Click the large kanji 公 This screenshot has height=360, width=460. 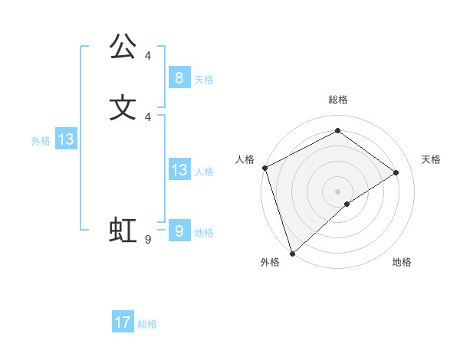(x=123, y=47)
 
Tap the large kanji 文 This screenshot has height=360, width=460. (x=123, y=106)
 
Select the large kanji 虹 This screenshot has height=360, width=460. (x=123, y=231)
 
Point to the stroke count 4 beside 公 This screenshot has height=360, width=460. (x=148, y=56)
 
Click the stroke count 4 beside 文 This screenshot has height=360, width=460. (x=148, y=116)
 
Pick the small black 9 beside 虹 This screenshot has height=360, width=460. (x=148, y=240)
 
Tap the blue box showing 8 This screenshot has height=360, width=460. (x=179, y=77)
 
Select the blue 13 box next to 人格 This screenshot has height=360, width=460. (x=179, y=170)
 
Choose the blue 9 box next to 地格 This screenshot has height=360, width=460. (x=179, y=231)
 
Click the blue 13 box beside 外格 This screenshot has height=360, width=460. (x=65, y=139)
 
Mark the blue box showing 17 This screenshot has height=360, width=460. (x=123, y=322)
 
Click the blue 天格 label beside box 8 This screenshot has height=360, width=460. (x=204, y=80)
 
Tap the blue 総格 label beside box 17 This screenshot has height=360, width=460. (x=147, y=325)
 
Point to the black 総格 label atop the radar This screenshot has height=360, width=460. (x=337, y=100)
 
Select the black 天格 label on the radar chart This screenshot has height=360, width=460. (x=431, y=159)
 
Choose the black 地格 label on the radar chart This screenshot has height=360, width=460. (x=402, y=262)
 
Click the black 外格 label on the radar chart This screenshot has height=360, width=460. (x=270, y=262)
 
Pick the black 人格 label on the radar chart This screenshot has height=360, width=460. (x=245, y=159)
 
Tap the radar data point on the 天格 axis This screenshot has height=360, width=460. (x=396, y=172)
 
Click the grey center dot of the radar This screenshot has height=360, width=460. (x=337, y=191)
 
